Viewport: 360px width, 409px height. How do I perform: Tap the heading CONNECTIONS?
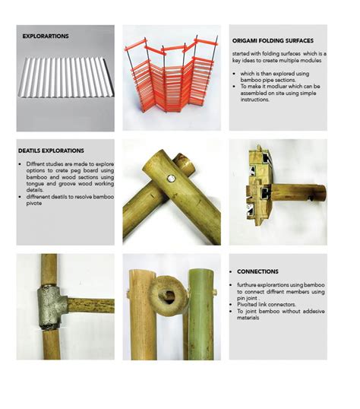(257, 271)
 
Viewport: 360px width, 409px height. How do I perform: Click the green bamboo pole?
(199, 312)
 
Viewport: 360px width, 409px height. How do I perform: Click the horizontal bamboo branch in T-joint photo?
(87, 306)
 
